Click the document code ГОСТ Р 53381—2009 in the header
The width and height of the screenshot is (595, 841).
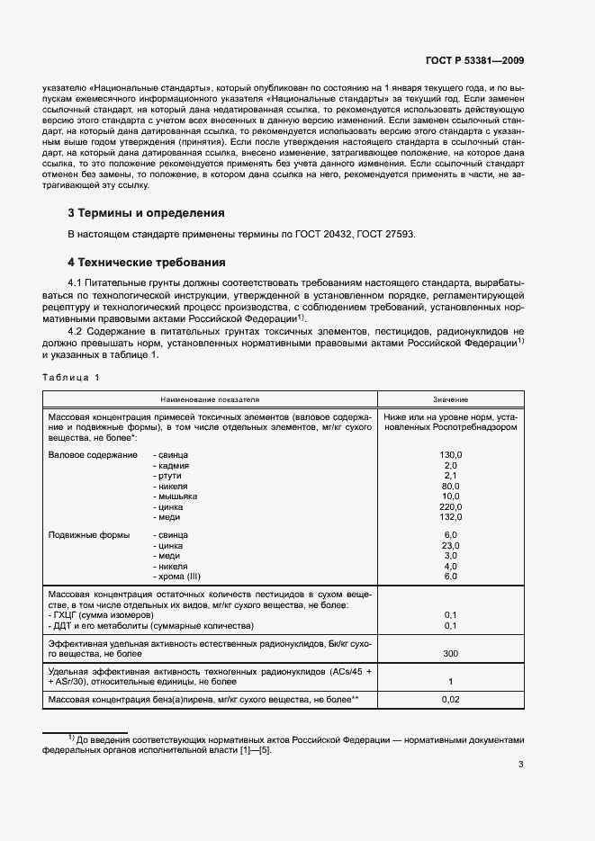(x=474, y=61)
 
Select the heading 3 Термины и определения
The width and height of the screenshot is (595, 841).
(x=147, y=213)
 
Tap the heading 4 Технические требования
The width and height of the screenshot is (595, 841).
(x=147, y=263)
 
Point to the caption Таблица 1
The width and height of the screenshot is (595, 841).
(x=71, y=377)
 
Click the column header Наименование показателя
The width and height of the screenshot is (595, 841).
(x=210, y=398)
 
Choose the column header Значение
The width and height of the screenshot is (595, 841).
(x=451, y=398)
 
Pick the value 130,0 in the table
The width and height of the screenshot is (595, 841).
(x=451, y=456)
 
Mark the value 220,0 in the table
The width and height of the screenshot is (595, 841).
(x=451, y=506)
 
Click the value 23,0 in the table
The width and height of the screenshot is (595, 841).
(x=451, y=546)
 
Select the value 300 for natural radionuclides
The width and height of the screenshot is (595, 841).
(x=451, y=654)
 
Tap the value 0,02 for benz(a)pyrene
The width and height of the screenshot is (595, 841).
(x=451, y=699)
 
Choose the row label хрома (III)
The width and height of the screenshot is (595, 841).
(x=180, y=576)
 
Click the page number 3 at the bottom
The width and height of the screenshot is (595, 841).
(x=520, y=765)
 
